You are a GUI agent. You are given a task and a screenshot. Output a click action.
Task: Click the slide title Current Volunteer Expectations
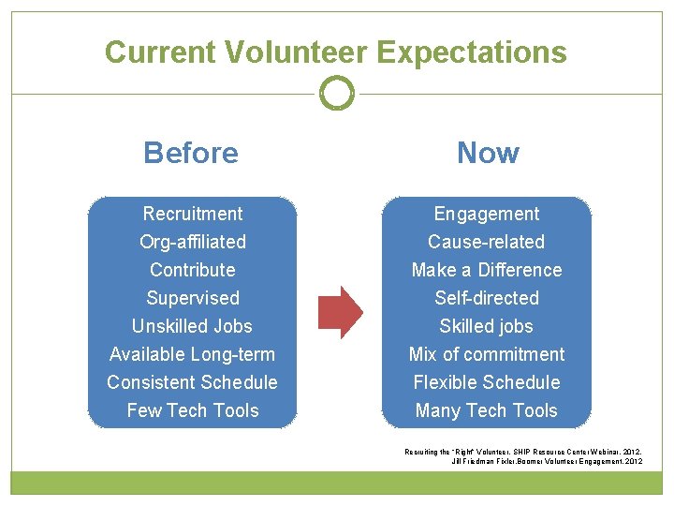(x=336, y=52)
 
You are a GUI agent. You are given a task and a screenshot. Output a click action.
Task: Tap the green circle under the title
(x=337, y=93)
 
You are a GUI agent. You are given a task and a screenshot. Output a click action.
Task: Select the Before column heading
(x=191, y=153)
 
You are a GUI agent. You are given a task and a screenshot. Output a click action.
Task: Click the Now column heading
(x=488, y=153)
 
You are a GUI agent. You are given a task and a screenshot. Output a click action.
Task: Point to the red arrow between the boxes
(x=340, y=311)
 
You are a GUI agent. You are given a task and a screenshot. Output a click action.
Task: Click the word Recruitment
(x=192, y=214)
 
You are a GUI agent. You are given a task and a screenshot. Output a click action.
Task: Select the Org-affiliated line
(x=192, y=242)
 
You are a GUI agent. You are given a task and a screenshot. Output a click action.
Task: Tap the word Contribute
(x=192, y=270)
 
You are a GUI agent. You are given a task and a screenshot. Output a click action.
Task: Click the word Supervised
(x=192, y=298)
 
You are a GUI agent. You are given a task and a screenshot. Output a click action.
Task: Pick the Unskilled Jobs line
(x=192, y=326)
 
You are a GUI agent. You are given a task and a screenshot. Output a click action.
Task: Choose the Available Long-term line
(x=192, y=354)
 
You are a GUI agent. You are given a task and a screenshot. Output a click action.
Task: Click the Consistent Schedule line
(x=192, y=382)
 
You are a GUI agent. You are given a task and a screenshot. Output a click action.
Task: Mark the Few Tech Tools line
(x=192, y=410)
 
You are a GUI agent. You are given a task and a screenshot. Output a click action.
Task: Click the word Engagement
(x=487, y=214)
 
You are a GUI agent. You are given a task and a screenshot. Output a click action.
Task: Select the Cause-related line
(x=487, y=242)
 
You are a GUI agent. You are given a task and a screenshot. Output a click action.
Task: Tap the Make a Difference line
(x=487, y=270)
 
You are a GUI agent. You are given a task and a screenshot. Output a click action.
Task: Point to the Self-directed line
(x=487, y=298)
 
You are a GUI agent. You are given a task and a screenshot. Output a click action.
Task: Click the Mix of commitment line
(x=487, y=354)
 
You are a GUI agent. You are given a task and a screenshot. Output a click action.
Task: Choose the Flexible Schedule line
(x=487, y=382)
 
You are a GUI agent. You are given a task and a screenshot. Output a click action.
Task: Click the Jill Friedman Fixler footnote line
(x=547, y=461)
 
